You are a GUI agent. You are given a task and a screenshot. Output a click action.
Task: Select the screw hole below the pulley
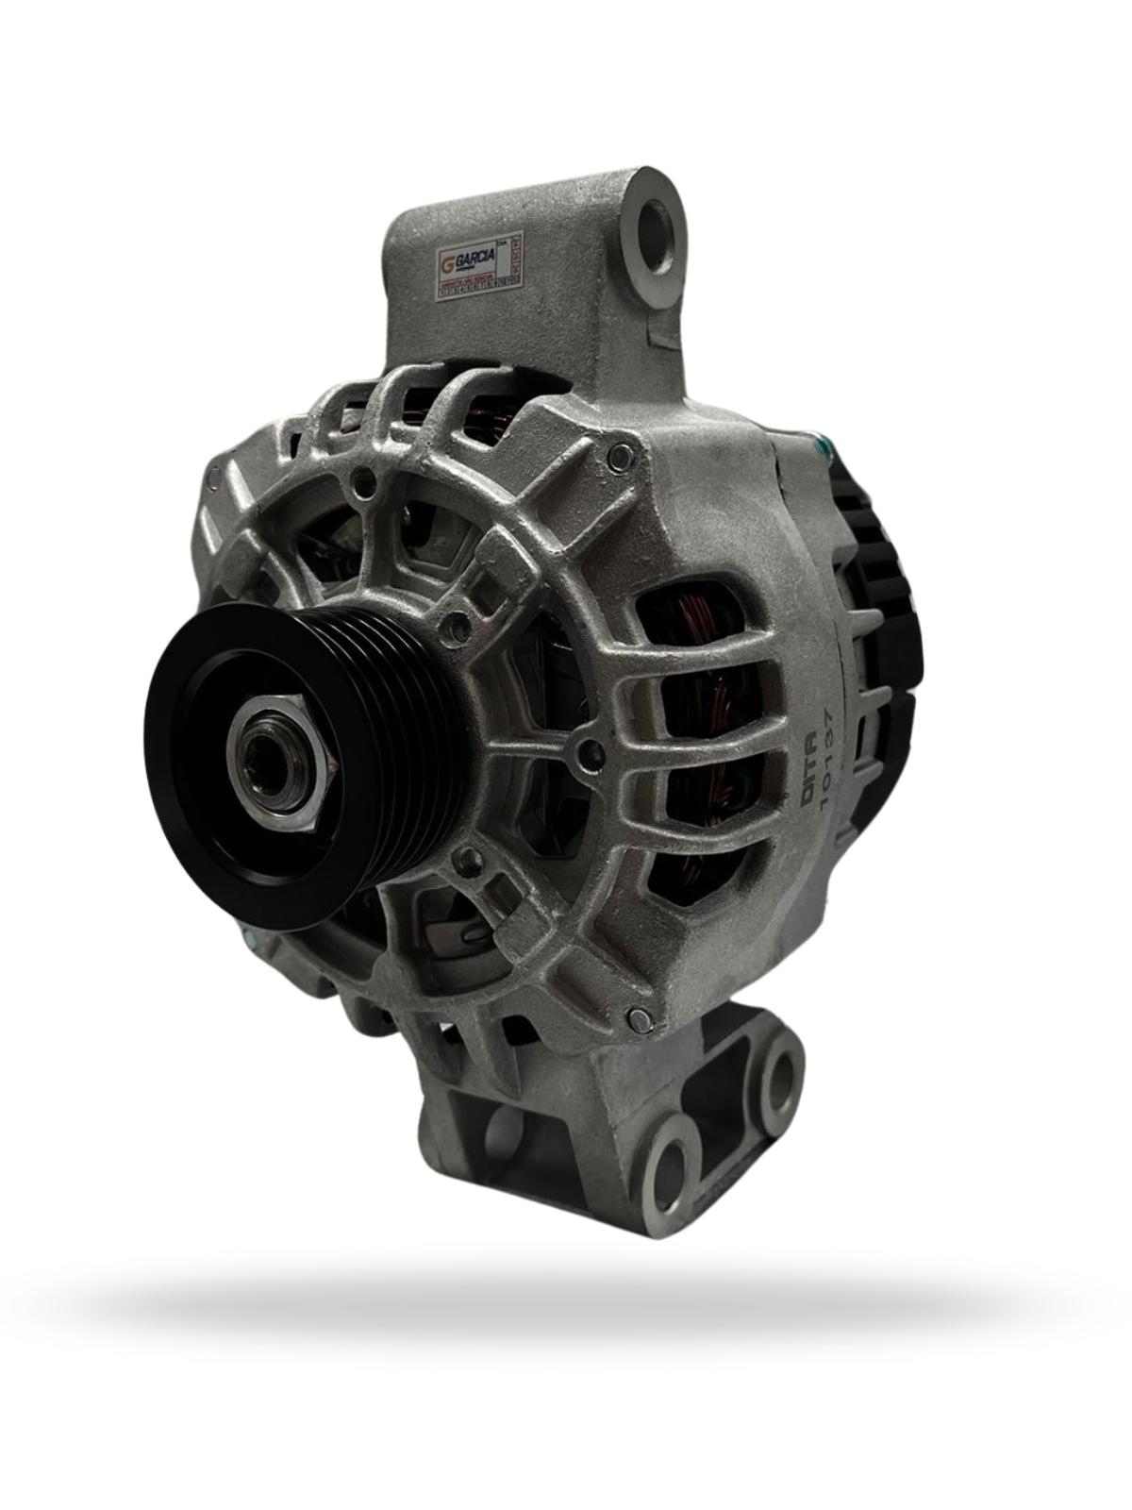click(464, 857)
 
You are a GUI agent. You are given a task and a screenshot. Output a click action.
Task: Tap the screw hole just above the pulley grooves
click(458, 625)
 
